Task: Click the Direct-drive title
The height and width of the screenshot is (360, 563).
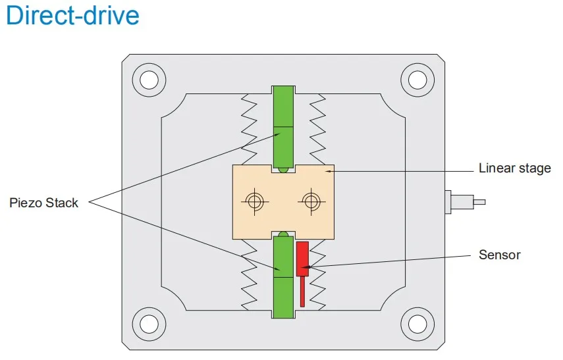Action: (72, 15)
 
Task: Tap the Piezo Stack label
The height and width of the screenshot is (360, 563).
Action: (43, 203)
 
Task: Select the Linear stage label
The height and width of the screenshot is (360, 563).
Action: (514, 168)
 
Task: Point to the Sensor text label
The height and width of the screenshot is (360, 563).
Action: (499, 255)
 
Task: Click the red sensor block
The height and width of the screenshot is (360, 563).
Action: (302, 259)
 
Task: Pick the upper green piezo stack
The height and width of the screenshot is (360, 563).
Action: (283, 128)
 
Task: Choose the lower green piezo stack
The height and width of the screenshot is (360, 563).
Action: (283, 276)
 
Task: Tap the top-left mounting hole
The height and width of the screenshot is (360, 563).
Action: (149, 80)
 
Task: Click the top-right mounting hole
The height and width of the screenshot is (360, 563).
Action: (417, 80)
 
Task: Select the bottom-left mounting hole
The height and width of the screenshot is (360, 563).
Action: (149, 324)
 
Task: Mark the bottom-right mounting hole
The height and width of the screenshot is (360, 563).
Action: (417, 324)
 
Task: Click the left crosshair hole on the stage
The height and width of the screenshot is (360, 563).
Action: (255, 201)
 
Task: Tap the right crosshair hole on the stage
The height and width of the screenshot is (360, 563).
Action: (311, 201)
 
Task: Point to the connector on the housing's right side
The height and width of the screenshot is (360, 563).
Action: (465, 202)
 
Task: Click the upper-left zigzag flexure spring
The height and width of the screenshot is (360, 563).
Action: (249, 130)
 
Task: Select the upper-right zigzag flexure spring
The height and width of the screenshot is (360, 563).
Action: (317, 130)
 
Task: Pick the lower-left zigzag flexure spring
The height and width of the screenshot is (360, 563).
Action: (249, 274)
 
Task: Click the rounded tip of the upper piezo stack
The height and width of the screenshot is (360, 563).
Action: (283, 169)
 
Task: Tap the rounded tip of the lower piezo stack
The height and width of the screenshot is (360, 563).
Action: (283, 235)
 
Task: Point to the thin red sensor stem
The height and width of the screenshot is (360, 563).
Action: (302, 292)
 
